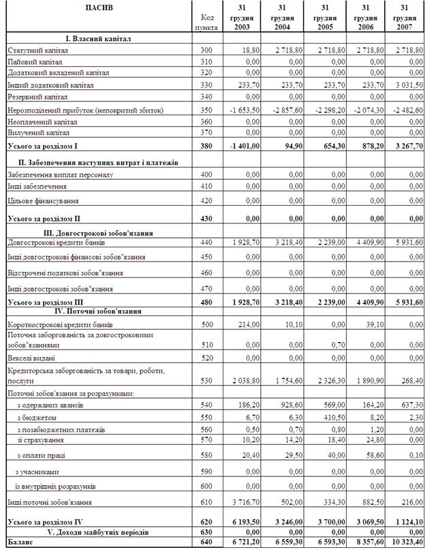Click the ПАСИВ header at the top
[99, 8]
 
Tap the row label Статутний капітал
[37, 50]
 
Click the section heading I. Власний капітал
[99, 39]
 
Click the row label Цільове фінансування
[42, 201]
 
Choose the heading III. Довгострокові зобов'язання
[99, 233]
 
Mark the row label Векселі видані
[31, 357]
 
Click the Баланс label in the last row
[20, 542]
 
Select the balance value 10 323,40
[406, 542]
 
